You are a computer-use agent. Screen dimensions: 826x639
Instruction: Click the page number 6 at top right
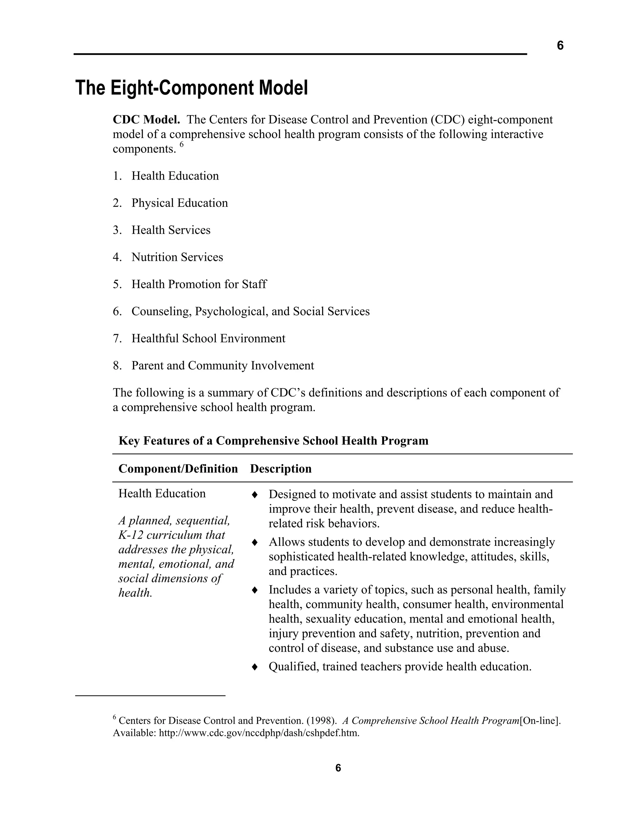pyautogui.click(x=560, y=46)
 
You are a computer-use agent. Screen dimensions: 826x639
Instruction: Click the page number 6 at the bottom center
pyautogui.click(x=338, y=768)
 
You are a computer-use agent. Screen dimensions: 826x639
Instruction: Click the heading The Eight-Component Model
pyautogui.click(x=192, y=88)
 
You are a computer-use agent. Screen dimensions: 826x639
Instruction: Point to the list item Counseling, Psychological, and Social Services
pyautogui.click(x=250, y=311)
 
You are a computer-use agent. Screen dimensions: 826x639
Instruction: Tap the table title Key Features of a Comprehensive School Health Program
pyautogui.click(x=273, y=441)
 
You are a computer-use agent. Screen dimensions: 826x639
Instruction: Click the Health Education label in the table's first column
pyautogui.click(x=162, y=493)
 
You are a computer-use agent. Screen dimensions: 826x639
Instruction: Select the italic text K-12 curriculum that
pyautogui.click(x=172, y=535)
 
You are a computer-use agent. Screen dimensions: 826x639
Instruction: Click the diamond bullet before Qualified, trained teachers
pyautogui.click(x=255, y=667)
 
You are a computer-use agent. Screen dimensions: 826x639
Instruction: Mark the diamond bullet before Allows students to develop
pyautogui.click(x=255, y=542)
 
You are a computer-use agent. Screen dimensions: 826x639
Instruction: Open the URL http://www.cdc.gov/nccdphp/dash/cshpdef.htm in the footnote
pyautogui.click(x=259, y=733)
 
